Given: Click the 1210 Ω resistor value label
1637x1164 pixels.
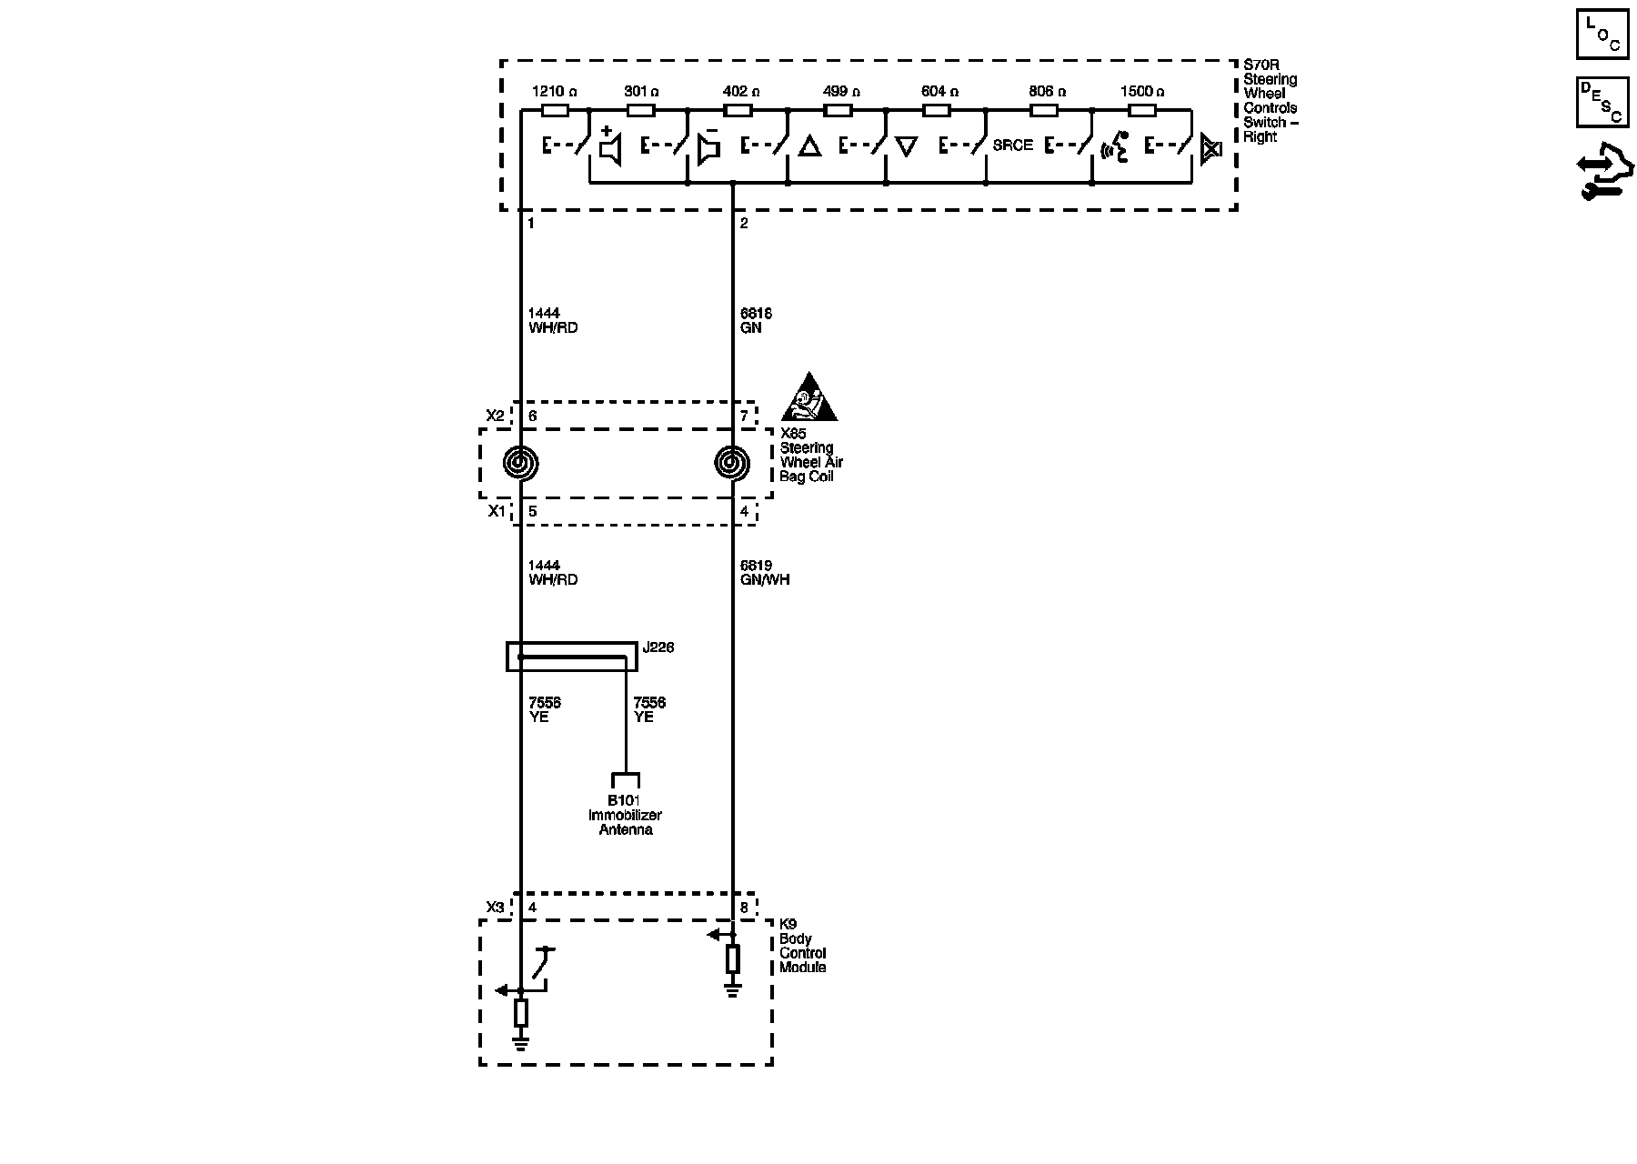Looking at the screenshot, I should (x=554, y=92).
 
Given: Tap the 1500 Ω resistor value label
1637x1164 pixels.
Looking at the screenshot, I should (x=1142, y=92).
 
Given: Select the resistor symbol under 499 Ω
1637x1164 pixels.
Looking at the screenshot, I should (x=837, y=111).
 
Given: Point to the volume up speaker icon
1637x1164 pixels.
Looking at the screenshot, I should (x=610, y=148).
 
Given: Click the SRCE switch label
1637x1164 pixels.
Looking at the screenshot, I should (x=1012, y=145).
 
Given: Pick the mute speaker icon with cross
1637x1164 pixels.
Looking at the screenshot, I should (x=1210, y=148).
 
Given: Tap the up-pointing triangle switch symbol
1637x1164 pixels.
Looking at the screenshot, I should (x=808, y=147).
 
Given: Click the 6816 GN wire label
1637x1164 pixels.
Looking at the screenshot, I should (x=756, y=321).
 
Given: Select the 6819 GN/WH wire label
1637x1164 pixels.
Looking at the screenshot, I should (x=765, y=573).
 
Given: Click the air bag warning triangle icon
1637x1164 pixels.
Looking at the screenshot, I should (x=809, y=398).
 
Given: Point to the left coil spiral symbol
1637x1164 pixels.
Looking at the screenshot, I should (x=521, y=464).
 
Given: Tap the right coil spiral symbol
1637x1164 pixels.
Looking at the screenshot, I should (x=732, y=464).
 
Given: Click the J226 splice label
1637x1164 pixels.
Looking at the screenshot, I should (x=658, y=648).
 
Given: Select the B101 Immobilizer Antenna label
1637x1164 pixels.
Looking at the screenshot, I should (x=625, y=815).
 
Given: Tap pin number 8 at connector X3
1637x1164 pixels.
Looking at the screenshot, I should (x=744, y=908).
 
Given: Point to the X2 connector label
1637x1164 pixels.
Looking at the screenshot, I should (x=495, y=416).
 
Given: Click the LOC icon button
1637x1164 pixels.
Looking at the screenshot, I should (x=1602, y=35).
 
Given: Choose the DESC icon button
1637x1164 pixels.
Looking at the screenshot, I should (x=1602, y=101).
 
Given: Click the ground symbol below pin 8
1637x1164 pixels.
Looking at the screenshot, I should (x=732, y=988).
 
